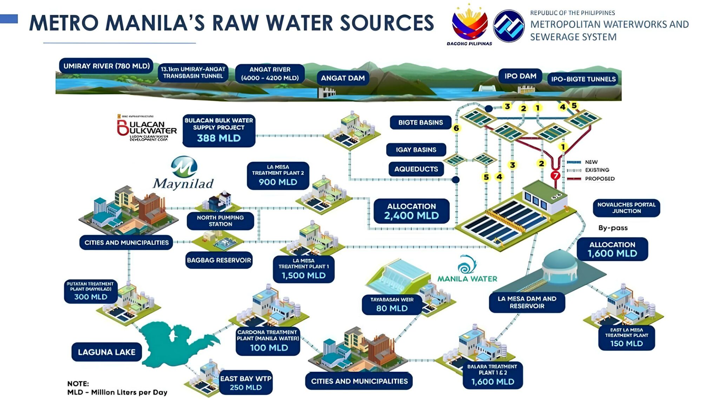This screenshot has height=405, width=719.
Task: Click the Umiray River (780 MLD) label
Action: click(106, 66)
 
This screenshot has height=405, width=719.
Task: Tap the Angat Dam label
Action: click(343, 78)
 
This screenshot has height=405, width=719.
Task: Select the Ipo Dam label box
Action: click(520, 76)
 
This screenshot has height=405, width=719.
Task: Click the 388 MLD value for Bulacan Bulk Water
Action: click(219, 138)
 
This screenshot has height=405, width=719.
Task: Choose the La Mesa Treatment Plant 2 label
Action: click(278, 175)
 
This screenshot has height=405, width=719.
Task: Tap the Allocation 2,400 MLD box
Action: click(411, 211)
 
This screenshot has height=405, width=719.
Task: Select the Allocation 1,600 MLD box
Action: click(612, 249)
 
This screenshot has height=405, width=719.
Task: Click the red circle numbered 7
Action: click(555, 175)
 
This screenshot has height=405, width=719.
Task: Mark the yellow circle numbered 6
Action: click(456, 128)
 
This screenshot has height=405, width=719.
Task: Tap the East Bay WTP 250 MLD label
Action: click(246, 382)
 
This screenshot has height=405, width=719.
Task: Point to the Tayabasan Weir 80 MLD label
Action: click(392, 304)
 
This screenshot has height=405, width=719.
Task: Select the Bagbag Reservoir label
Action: click(219, 260)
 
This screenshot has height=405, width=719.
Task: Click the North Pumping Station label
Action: click(220, 221)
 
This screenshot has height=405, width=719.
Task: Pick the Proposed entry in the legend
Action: click(599, 179)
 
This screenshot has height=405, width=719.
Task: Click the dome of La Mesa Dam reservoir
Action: click(560, 262)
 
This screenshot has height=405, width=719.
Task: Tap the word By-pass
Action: click(613, 228)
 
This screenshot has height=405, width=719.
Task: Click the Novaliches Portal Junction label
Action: click(626, 208)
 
